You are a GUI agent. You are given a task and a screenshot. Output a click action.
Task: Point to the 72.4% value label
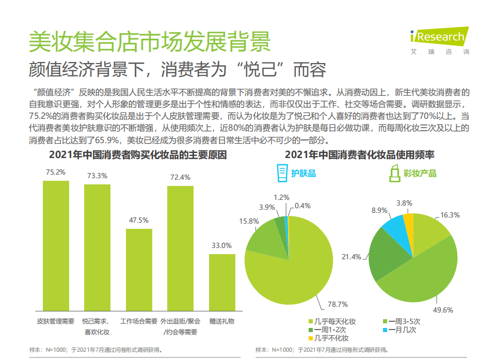(x=180, y=177)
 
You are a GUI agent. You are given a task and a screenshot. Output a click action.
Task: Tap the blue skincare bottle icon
(x=282, y=173)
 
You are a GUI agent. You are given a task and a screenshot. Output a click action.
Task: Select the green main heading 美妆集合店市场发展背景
(x=150, y=41)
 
